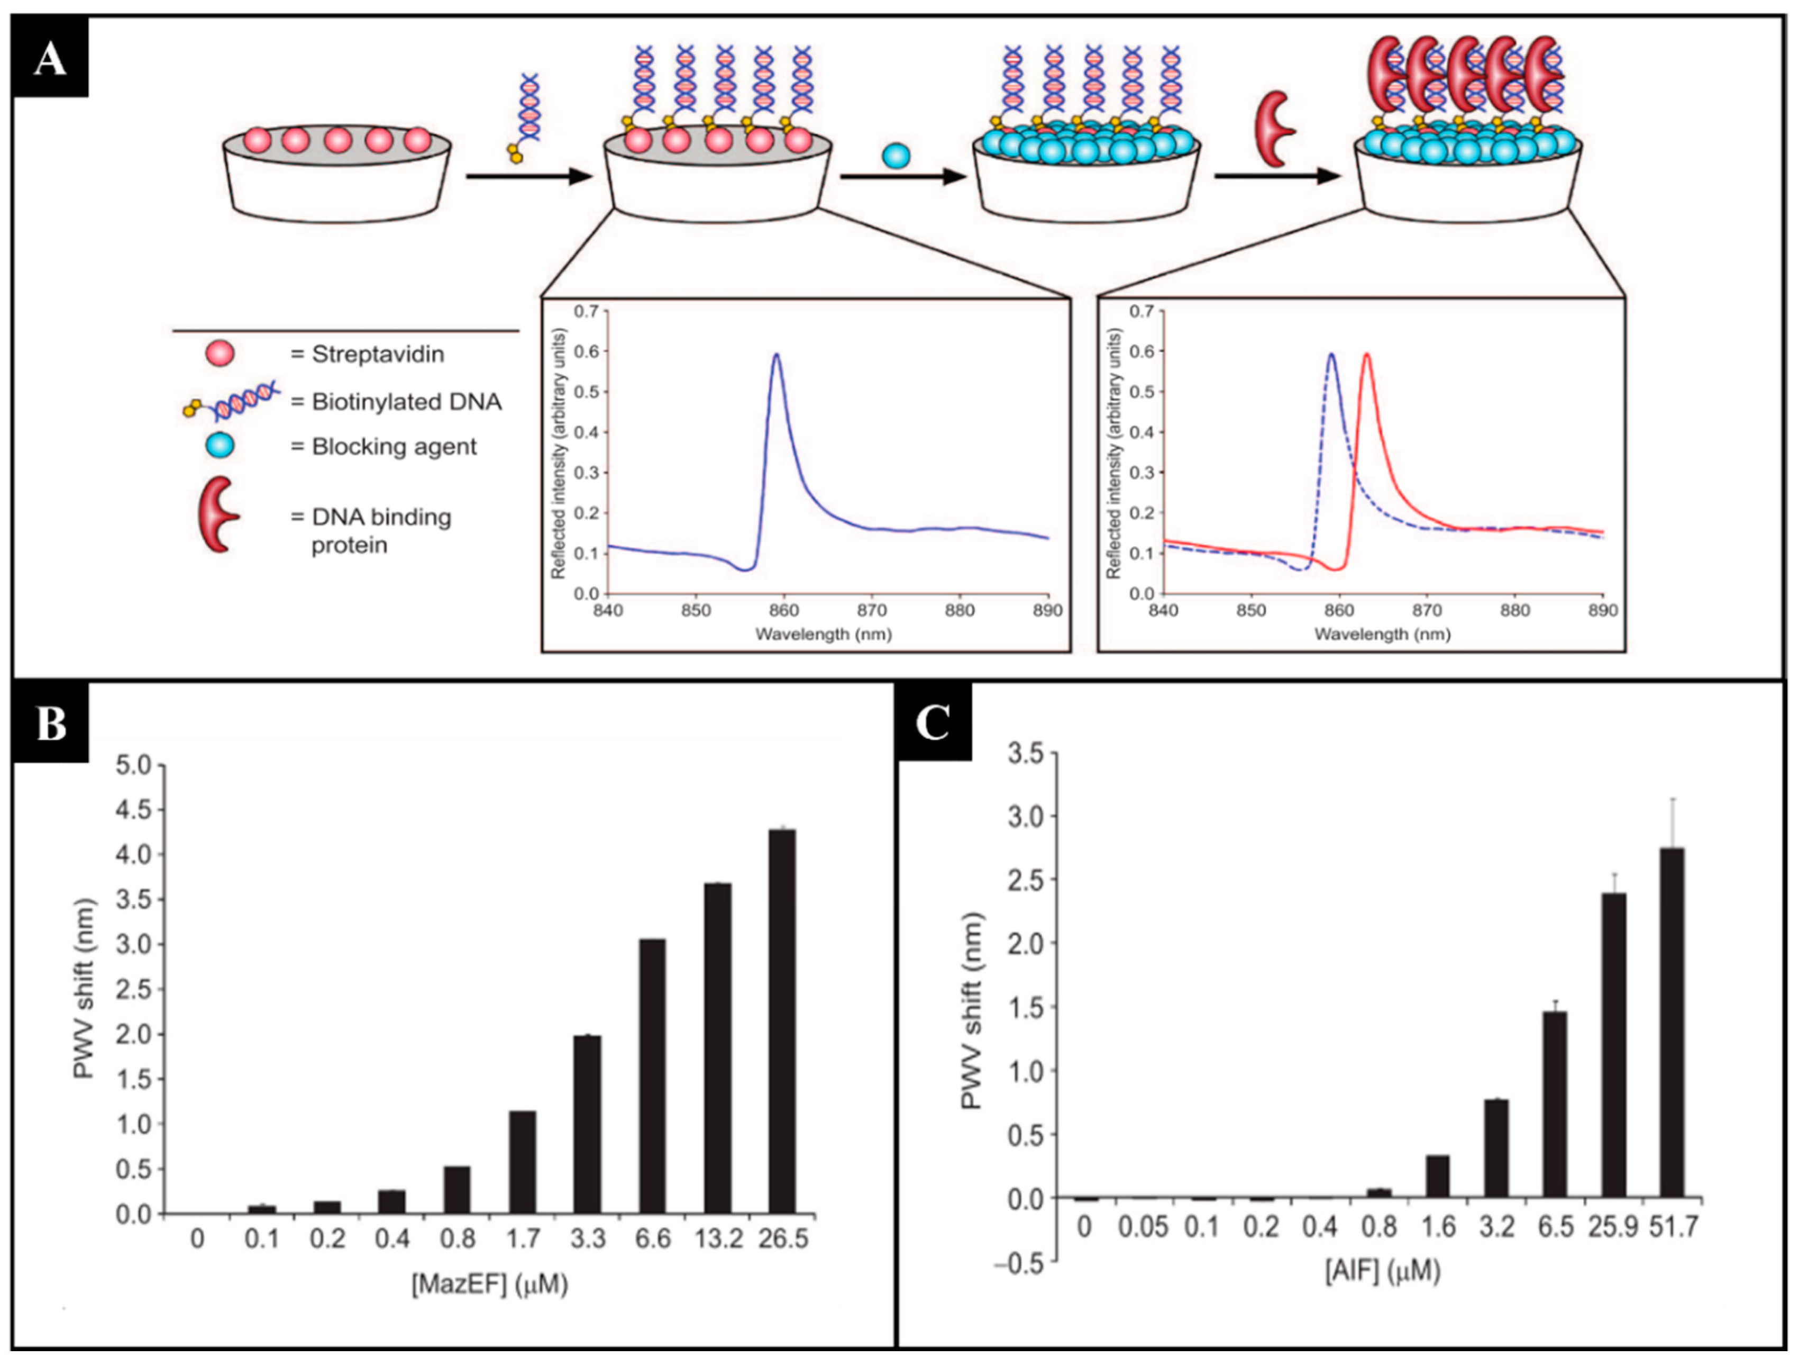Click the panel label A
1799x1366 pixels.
pyautogui.click(x=50, y=59)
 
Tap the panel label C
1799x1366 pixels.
pyautogui.click(x=933, y=722)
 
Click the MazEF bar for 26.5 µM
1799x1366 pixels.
pyautogui.click(x=782, y=1021)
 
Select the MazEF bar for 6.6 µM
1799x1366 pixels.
pyautogui.click(x=652, y=1075)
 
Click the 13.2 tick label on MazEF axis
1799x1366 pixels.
pyautogui.click(x=719, y=1238)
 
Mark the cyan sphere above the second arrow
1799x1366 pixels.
pyautogui.click(x=896, y=156)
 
